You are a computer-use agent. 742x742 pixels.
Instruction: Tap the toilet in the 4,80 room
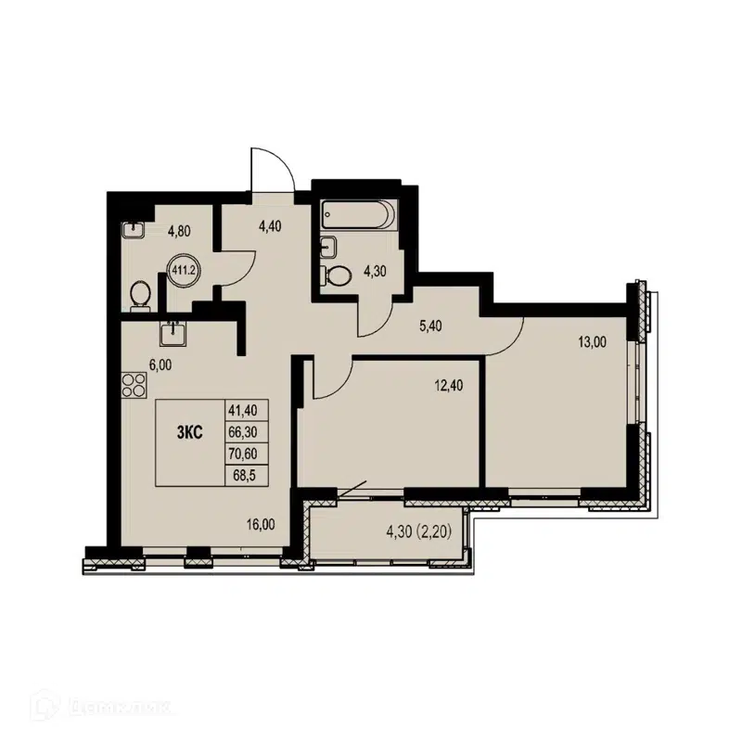(x=140, y=294)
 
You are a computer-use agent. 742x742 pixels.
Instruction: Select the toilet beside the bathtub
(x=339, y=275)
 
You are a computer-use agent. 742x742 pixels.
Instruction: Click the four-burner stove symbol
(x=133, y=383)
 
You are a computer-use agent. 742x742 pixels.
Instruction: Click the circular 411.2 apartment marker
(x=183, y=271)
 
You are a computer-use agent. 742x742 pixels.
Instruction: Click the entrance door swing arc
(x=275, y=167)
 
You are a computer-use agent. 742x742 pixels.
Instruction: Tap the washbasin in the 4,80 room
(x=133, y=229)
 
